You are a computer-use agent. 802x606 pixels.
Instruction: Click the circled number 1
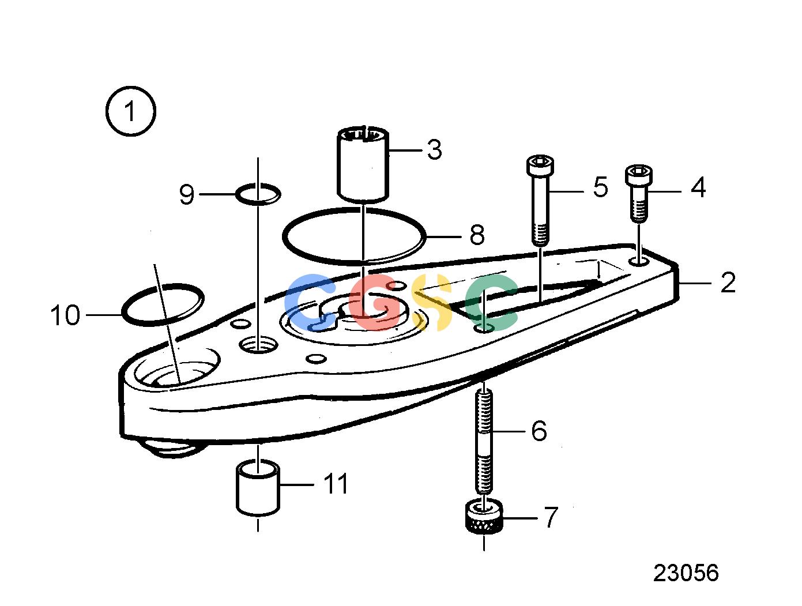(130, 111)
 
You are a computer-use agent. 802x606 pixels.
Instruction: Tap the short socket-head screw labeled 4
(638, 193)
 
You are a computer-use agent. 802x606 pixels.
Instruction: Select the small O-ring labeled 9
(258, 194)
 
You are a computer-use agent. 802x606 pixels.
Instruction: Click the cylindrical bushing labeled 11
(258, 488)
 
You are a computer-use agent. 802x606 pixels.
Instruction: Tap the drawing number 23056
(686, 573)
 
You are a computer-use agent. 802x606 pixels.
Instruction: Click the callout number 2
(728, 283)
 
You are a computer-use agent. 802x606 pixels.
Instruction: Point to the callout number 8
(477, 235)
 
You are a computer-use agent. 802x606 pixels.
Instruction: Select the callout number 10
(65, 315)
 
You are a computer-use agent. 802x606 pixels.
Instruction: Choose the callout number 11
(336, 484)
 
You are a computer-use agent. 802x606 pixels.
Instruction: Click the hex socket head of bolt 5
(540, 165)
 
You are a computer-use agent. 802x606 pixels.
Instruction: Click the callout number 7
(551, 517)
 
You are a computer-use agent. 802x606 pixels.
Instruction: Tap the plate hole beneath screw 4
(639, 262)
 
